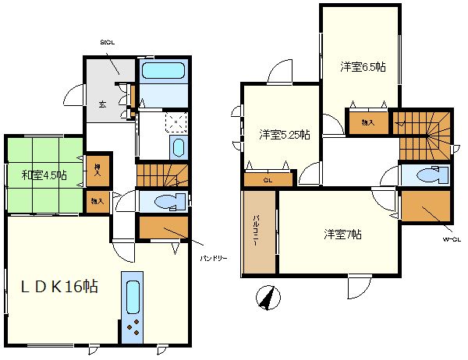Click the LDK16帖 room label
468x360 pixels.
[x=58, y=287]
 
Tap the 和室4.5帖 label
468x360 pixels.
[x=44, y=175]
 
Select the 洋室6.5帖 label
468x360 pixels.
[x=363, y=67]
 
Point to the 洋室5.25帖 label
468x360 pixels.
[x=285, y=135]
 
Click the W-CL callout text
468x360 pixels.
[x=452, y=239]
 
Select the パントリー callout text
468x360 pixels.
[x=212, y=256]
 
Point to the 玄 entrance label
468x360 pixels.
[x=102, y=104]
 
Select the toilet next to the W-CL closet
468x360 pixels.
[x=430, y=175]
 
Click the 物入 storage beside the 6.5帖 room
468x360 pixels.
[x=366, y=122]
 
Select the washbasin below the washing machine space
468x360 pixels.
[x=177, y=147]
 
